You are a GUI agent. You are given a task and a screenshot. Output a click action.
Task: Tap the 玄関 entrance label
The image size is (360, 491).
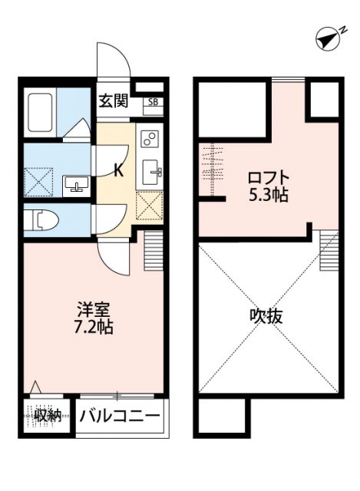(x=113, y=101)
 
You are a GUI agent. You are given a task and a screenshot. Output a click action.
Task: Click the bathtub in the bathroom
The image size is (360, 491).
(x=41, y=113)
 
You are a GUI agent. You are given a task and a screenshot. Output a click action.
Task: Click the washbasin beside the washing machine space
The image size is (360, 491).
(x=75, y=184)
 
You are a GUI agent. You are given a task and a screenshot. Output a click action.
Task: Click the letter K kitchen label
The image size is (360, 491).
(x=118, y=170)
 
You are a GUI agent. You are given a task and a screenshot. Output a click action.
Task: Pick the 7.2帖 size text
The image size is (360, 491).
(x=94, y=328)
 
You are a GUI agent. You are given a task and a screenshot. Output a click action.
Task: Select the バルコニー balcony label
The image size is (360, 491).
(x=120, y=417)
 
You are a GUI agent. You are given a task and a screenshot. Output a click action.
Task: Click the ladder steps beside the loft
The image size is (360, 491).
(x=329, y=249)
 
